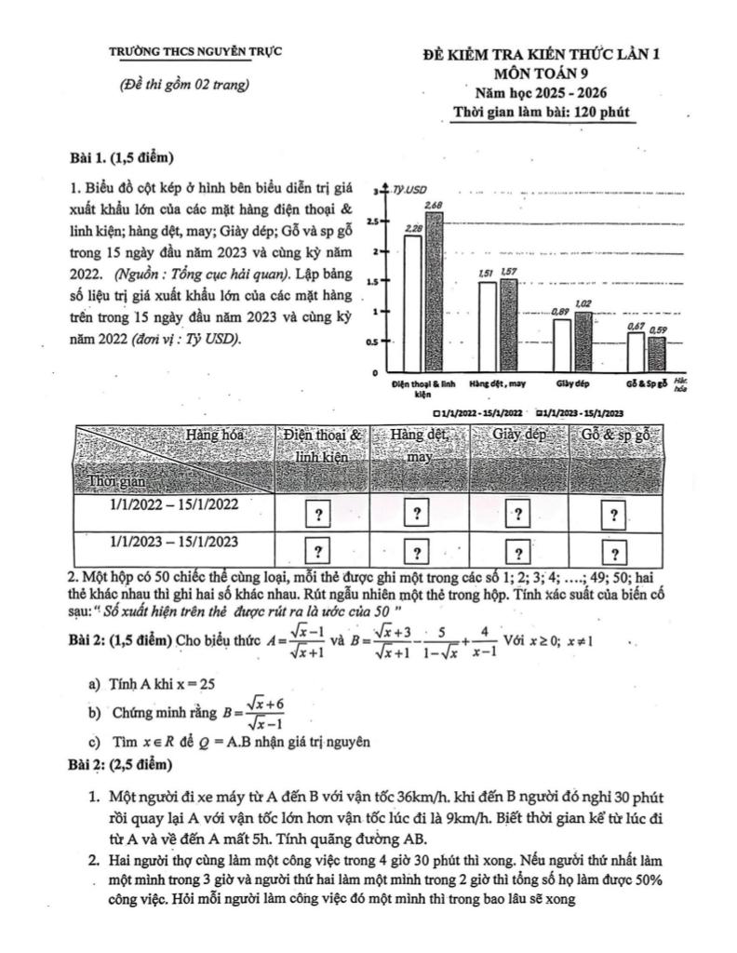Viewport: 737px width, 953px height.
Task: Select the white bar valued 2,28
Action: point(412,302)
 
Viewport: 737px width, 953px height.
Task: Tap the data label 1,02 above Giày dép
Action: point(583,304)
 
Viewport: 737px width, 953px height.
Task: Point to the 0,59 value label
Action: point(658,329)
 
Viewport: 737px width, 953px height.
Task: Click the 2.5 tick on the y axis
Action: point(373,221)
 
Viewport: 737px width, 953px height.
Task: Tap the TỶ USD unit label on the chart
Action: point(408,189)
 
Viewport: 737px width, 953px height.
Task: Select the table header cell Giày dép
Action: point(519,434)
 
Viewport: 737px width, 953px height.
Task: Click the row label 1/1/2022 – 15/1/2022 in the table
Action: point(174,504)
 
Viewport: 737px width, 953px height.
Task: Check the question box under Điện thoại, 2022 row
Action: point(318,514)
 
